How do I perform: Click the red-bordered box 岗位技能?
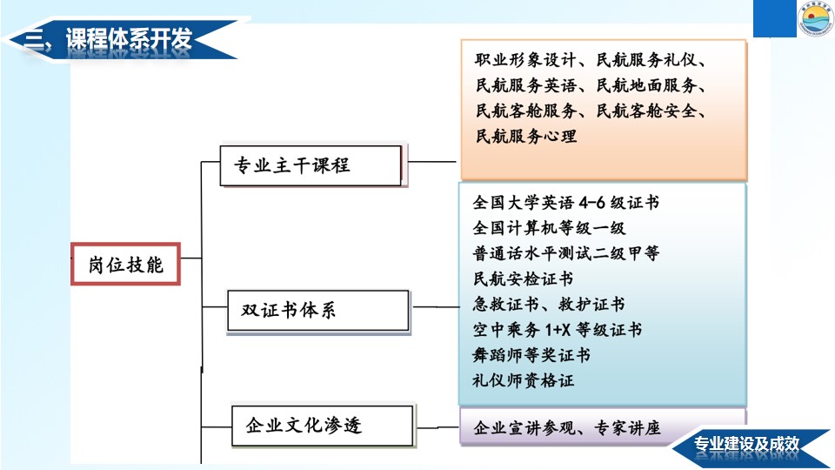(x=125, y=265)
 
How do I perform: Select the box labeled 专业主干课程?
(x=311, y=165)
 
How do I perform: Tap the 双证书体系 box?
(x=318, y=311)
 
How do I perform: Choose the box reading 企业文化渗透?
(x=323, y=426)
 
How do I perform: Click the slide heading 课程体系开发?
(x=129, y=39)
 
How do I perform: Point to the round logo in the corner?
(x=816, y=18)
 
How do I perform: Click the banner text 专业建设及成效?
(x=746, y=443)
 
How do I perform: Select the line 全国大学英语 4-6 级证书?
(x=566, y=203)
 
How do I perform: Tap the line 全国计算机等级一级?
(x=549, y=228)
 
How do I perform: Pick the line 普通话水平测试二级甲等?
(x=566, y=253)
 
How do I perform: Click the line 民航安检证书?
(x=523, y=279)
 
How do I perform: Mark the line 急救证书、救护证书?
(x=549, y=305)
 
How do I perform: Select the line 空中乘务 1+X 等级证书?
(x=557, y=330)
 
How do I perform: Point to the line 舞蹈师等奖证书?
(x=531, y=355)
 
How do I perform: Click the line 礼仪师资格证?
(x=523, y=380)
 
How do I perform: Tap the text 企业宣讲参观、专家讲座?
(x=566, y=428)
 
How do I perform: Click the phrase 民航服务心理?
(x=526, y=136)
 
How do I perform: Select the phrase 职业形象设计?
(x=525, y=60)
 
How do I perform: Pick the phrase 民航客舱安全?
(x=646, y=111)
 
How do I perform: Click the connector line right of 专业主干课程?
(x=431, y=161)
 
